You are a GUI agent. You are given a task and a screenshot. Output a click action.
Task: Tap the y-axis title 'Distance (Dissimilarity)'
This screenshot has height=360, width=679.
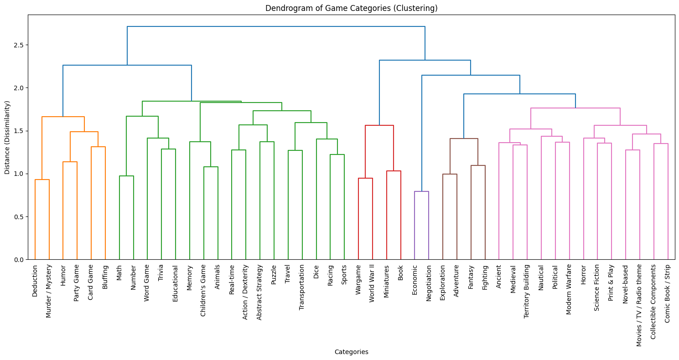(x=7, y=137)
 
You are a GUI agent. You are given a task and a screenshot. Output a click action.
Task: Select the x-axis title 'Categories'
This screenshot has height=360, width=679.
(x=351, y=352)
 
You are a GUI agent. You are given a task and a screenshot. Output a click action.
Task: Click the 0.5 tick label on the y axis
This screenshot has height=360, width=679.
(x=19, y=217)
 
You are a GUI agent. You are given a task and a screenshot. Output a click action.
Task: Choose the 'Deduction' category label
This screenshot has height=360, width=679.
(x=35, y=280)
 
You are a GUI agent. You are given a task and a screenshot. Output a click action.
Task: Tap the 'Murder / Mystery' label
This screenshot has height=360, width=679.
(x=49, y=291)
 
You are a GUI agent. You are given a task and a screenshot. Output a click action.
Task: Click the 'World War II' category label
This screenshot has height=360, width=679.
(x=372, y=285)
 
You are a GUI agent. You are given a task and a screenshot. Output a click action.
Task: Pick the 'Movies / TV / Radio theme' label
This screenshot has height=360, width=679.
(x=639, y=305)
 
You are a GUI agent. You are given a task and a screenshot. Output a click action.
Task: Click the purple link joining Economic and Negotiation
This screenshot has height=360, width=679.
(x=421, y=191)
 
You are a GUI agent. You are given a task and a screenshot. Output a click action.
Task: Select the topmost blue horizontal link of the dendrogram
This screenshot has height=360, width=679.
(x=276, y=26)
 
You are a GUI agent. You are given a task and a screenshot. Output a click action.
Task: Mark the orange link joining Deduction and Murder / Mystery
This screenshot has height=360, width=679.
(x=42, y=180)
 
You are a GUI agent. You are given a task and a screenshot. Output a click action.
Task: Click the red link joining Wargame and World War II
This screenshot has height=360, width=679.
(x=365, y=178)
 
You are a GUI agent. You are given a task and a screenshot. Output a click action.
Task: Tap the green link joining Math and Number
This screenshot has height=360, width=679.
(x=126, y=176)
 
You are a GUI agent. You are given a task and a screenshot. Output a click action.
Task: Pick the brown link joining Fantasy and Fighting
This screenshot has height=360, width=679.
(x=478, y=165)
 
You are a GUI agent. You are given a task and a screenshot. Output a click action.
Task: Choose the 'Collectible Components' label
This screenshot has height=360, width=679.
(x=653, y=301)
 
